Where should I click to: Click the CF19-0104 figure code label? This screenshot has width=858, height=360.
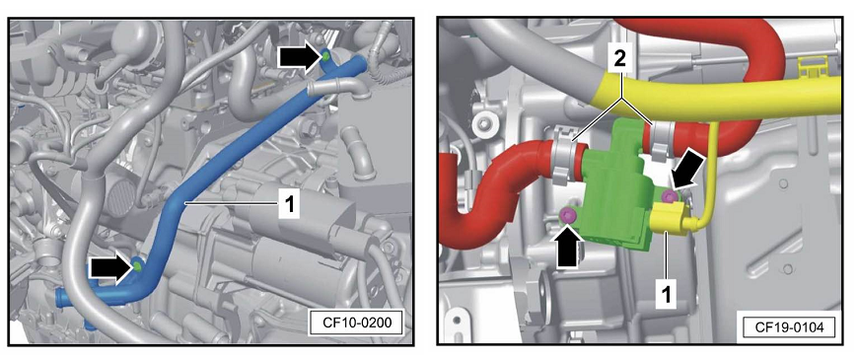coord(787,327)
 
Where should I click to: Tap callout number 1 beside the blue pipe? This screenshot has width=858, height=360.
coord(289,205)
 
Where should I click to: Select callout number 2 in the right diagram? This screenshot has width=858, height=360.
coord(619,59)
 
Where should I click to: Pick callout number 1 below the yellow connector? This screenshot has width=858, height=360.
coord(666,296)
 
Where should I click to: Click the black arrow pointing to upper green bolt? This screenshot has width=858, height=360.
coord(299,57)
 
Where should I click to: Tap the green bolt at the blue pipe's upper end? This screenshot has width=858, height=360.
coord(325,55)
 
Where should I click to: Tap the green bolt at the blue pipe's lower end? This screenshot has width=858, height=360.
coord(137,266)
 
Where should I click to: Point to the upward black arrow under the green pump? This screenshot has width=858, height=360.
coord(568,247)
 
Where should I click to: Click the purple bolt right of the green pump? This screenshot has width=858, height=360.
coord(668,196)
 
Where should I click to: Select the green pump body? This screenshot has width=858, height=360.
coord(615,188)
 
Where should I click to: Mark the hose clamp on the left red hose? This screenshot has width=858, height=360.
coord(563,155)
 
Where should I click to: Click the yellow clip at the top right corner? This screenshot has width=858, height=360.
coord(811,69)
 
